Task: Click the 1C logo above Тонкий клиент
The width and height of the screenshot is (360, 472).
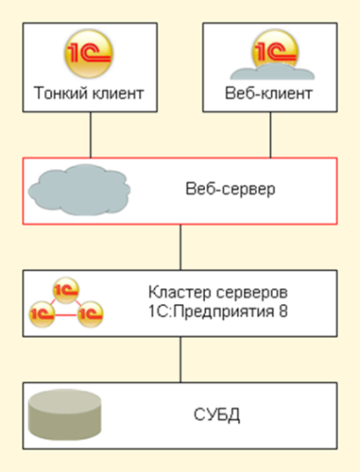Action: [x=89, y=54]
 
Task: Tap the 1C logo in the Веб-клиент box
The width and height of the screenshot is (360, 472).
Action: [x=275, y=49]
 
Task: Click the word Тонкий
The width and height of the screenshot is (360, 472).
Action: [x=60, y=94]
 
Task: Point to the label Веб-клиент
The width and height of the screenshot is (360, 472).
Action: [x=269, y=94]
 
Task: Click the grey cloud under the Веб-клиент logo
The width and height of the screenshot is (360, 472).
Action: [x=272, y=71]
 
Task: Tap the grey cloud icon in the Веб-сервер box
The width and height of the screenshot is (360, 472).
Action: [x=79, y=190]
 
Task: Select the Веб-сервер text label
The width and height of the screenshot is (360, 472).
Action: [x=230, y=189]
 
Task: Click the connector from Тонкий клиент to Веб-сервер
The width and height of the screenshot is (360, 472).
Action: [x=91, y=134]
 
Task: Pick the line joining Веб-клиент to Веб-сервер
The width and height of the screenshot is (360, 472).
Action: [x=271, y=134]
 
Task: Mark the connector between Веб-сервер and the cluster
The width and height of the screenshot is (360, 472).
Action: [x=181, y=248]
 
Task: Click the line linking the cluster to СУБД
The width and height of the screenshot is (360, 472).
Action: [x=181, y=360]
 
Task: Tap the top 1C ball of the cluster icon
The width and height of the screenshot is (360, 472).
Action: [x=66, y=290]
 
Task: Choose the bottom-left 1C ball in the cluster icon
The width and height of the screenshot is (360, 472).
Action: [x=42, y=314]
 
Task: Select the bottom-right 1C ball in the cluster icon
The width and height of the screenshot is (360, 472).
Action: [x=90, y=314]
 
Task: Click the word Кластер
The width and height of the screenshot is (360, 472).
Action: [x=180, y=292]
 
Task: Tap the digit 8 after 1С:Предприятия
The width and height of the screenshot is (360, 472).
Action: [x=283, y=312]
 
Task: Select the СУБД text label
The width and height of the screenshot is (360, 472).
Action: [x=217, y=415]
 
